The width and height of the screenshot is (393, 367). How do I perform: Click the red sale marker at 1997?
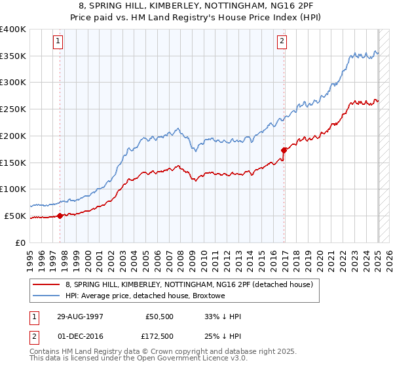tap(60, 215)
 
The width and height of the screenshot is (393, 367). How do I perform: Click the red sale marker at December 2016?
tap(284, 150)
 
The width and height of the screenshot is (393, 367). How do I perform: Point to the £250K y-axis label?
tap(13, 109)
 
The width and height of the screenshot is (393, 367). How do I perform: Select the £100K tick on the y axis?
tap(13, 189)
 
